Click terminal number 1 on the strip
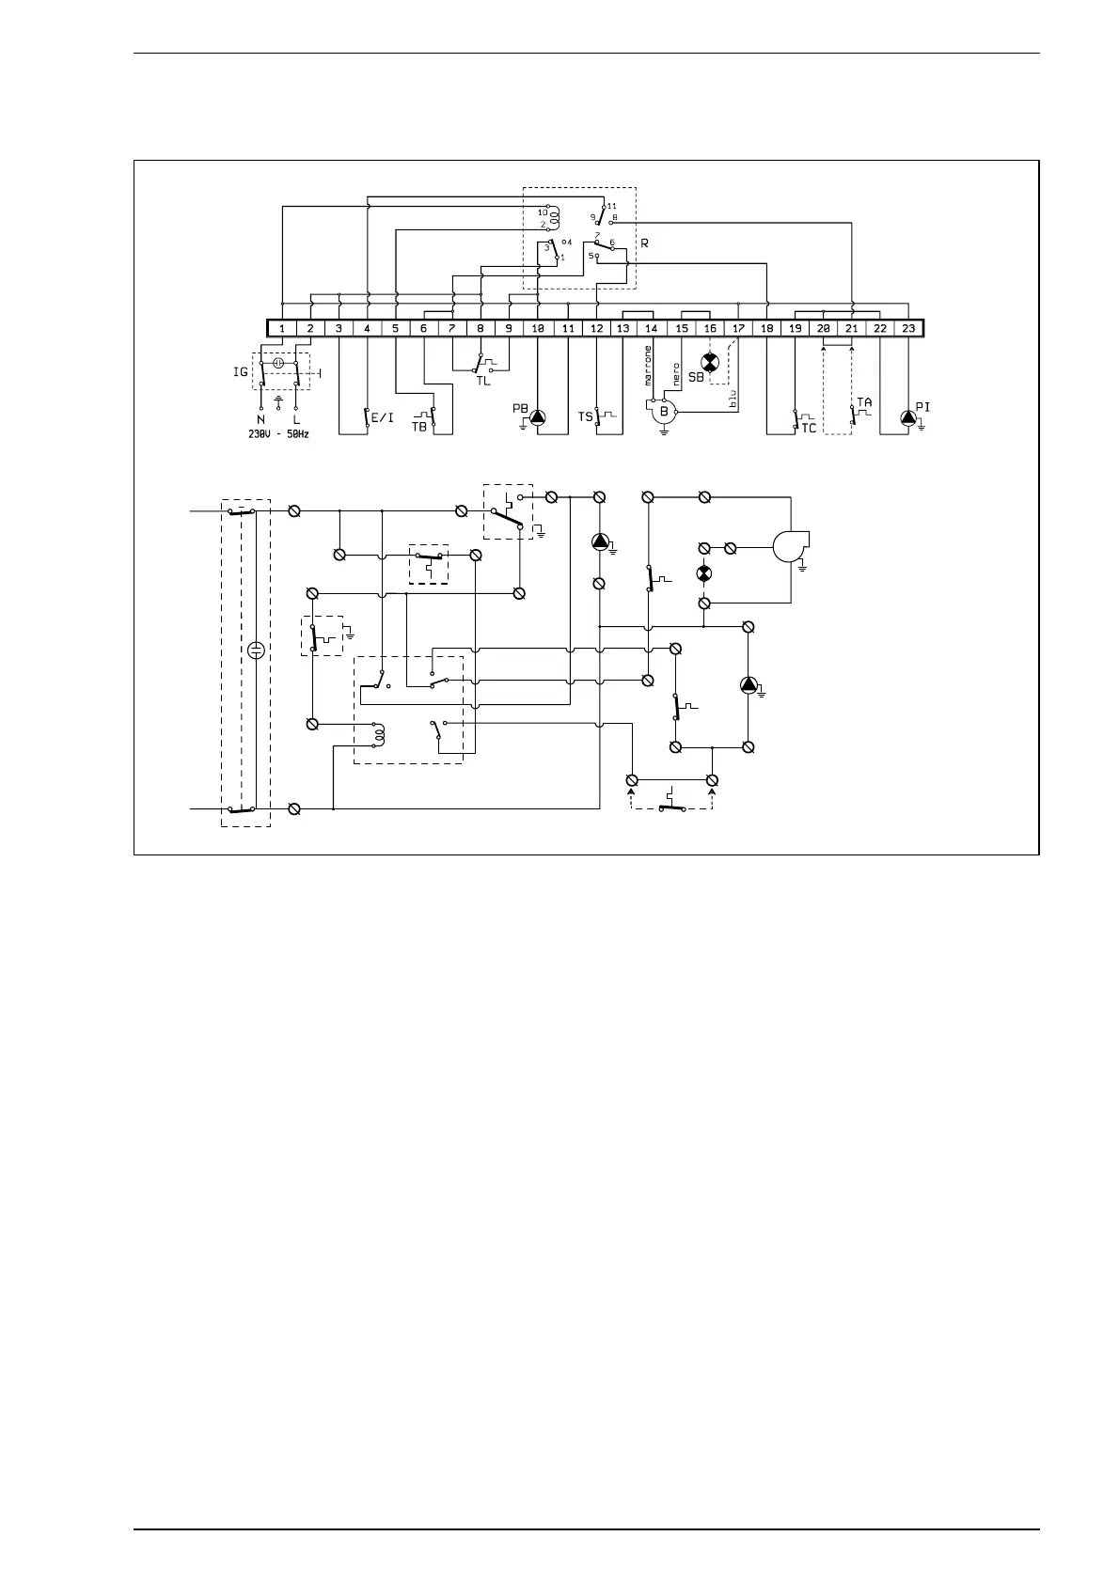click(x=282, y=329)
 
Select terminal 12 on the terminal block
click(x=597, y=329)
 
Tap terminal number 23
click(x=908, y=329)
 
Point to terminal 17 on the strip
click(x=739, y=329)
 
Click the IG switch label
click(x=241, y=372)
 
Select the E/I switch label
click(x=383, y=417)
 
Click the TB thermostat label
click(x=418, y=426)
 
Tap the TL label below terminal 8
click(x=482, y=381)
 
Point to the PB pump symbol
click(x=537, y=416)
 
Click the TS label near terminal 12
click(x=585, y=416)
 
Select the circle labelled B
click(x=664, y=411)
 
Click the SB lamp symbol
click(x=711, y=363)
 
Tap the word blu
click(x=734, y=399)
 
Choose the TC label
click(x=809, y=428)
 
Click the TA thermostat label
click(x=864, y=401)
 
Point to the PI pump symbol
click(x=907, y=416)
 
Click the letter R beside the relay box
click(x=644, y=243)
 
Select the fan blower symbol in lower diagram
click(x=788, y=546)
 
